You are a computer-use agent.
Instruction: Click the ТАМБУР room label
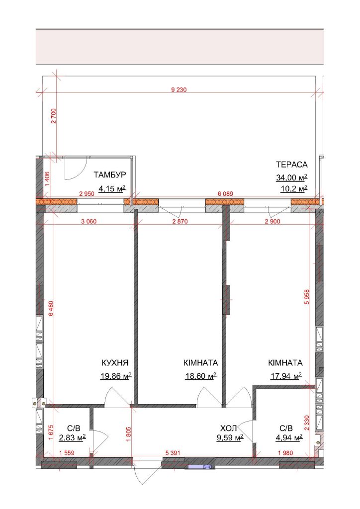[110, 175]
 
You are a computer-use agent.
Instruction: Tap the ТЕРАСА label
[291, 165]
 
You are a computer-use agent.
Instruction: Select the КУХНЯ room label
[115, 362]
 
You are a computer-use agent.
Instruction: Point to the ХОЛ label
[228, 427]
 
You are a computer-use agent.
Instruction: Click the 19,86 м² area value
[116, 376]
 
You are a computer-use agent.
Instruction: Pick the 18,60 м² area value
[200, 376]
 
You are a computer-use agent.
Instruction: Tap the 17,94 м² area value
[286, 376]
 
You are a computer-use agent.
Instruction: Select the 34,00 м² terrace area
[291, 177]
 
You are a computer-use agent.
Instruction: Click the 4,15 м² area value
[112, 188]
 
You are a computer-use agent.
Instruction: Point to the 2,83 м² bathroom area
[72, 438]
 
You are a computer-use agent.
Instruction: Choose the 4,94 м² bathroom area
[289, 438]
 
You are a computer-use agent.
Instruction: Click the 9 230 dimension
[179, 89]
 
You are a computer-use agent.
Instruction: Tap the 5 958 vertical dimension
[307, 297]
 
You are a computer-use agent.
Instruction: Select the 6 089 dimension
[225, 194]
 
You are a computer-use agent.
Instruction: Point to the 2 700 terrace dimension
[54, 116]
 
